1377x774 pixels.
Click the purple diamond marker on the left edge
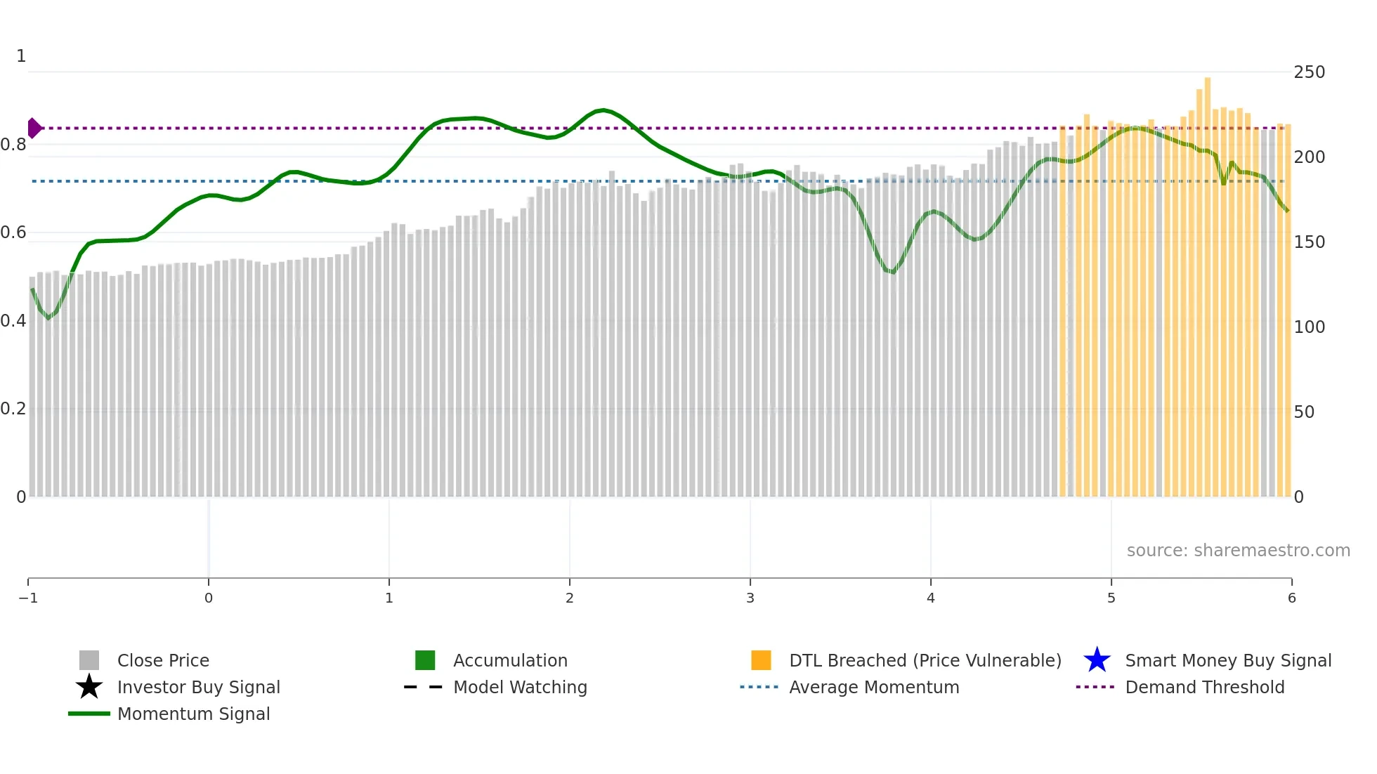[x=34, y=129]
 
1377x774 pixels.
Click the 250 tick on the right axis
[x=1309, y=72]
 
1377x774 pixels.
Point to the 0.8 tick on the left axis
[x=13, y=145]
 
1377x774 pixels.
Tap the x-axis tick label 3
[x=750, y=598]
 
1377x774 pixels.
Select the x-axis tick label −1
[x=28, y=598]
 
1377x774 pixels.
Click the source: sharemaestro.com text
[x=1238, y=550]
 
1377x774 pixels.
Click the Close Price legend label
[x=163, y=660]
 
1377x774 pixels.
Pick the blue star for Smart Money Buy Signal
[x=1097, y=660]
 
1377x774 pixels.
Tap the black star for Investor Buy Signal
[x=89, y=687]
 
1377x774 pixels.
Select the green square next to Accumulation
[x=425, y=660]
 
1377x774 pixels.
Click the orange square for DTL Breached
[x=761, y=660]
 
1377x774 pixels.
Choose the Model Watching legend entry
[x=520, y=687]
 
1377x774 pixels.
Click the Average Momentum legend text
[x=873, y=687]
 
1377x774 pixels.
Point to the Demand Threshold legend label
[x=1204, y=687]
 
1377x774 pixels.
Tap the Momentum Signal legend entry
[x=193, y=714]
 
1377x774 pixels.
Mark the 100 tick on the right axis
[x=1309, y=327]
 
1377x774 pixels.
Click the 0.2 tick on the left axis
[x=13, y=409]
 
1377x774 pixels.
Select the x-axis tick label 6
[x=1291, y=598]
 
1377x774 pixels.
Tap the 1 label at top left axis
[x=21, y=56]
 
